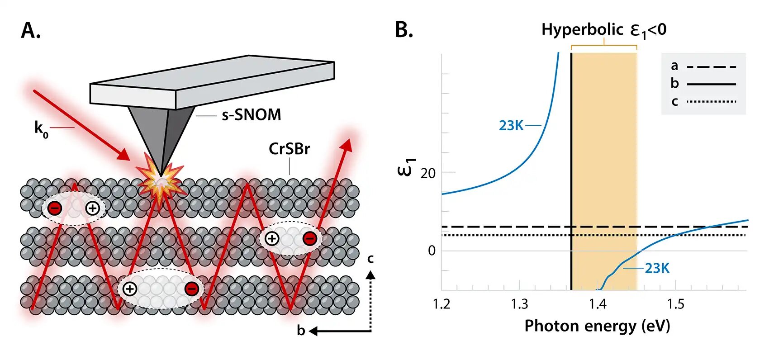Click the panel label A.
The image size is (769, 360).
pyautogui.click(x=30, y=31)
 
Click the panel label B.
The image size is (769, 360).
pyautogui.click(x=404, y=30)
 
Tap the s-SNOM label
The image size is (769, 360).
pyautogui.click(x=251, y=115)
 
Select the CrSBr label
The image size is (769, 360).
pyautogui.click(x=289, y=149)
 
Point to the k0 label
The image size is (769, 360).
pyautogui.click(x=41, y=128)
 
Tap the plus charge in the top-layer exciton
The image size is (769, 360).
pyautogui.click(x=92, y=208)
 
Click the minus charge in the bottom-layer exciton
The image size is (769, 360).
pyautogui.click(x=191, y=289)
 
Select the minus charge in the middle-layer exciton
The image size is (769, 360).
pyautogui.click(x=309, y=238)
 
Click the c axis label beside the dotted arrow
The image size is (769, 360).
pyautogui.click(x=370, y=259)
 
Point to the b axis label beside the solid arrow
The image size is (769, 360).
pyautogui.click(x=301, y=331)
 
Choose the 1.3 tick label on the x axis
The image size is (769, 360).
pyautogui.click(x=519, y=304)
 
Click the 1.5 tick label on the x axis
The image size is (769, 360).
pyautogui.click(x=676, y=304)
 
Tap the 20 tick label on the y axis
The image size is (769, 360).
pyautogui.click(x=428, y=173)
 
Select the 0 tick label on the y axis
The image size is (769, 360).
pyautogui.click(x=432, y=251)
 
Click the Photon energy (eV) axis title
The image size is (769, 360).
pyautogui.click(x=597, y=326)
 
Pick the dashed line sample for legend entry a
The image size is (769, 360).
pyautogui.click(x=711, y=67)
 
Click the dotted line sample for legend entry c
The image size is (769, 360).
pyautogui.click(x=711, y=101)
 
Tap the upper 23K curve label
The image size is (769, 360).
pyautogui.click(x=511, y=125)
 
